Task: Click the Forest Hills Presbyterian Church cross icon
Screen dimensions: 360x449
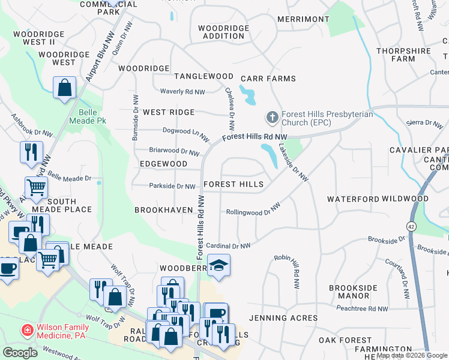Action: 271,117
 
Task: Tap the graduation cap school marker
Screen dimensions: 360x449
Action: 218,265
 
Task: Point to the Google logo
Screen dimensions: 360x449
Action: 20,353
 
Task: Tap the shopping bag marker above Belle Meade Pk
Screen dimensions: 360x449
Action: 64,89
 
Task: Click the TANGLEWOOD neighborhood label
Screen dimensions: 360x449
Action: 203,76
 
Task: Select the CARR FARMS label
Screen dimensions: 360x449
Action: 268,79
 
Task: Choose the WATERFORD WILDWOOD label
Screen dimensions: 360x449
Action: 378,199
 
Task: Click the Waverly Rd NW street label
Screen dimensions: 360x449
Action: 182,92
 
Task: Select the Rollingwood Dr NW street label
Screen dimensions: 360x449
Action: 253,209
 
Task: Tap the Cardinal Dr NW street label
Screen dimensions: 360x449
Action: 228,245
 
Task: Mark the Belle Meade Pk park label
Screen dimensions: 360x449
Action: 92,116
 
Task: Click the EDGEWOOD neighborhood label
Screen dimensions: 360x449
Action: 163,164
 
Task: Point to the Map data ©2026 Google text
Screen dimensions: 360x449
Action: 412,355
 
